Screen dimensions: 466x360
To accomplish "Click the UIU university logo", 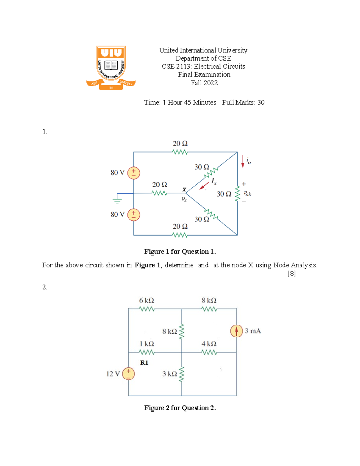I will coord(111,68).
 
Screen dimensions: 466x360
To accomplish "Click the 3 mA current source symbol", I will coord(236,331).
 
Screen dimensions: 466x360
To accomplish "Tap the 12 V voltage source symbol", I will coord(128,374).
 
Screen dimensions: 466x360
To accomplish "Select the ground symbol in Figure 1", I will coord(117,200).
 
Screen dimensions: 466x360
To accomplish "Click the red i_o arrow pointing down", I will coord(243,161).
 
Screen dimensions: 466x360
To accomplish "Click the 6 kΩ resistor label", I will coord(146,300).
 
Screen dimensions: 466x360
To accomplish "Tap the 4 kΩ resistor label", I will coord(209,344).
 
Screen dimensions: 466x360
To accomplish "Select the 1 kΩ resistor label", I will coord(147,344).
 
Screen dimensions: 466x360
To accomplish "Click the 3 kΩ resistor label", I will coord(169,374).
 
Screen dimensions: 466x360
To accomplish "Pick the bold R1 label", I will coord(144,363).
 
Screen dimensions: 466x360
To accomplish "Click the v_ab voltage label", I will coord(247,194).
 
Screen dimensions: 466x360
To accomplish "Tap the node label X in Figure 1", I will coord(184,189).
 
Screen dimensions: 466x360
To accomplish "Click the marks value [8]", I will coord(291,274).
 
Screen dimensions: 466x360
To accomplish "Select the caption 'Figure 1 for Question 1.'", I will coord(180,251).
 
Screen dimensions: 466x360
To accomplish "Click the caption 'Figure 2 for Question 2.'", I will coord(180,408).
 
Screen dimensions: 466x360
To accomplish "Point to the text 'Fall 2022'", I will coord(204,83).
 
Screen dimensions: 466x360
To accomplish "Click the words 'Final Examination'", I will coord(204,74).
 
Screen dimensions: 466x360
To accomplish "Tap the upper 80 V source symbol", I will coord(133,173).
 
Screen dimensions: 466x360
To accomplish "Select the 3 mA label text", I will coord(253,331).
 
